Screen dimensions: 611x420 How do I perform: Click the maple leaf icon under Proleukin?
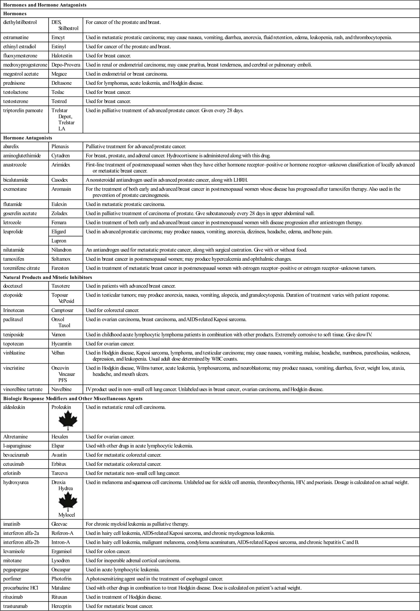(x=68, y=420)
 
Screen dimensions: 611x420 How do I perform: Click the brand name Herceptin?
(x=62, y=606)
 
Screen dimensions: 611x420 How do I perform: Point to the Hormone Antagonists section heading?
(x=28, y=138)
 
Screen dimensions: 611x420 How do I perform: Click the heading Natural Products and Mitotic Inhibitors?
(x=48, y=277)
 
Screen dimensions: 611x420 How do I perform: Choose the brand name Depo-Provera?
(x=66, y=65)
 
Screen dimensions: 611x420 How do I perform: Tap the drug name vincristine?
(x=14, y=368)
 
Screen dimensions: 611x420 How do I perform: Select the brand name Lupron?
(x=59, y=241)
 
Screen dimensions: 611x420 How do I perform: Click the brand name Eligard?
(x=59, y=232)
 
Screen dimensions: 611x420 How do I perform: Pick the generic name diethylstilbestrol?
(x=20, y=22)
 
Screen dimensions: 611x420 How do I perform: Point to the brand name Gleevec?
(x=60, y=524)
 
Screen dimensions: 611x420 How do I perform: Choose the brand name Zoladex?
(x=60, y=214)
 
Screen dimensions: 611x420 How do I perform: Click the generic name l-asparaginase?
(x=17, y=446)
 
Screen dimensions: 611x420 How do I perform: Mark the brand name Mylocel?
(x=66, y=515)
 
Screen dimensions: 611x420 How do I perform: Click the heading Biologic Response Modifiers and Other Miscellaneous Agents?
(x=73, y=399)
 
